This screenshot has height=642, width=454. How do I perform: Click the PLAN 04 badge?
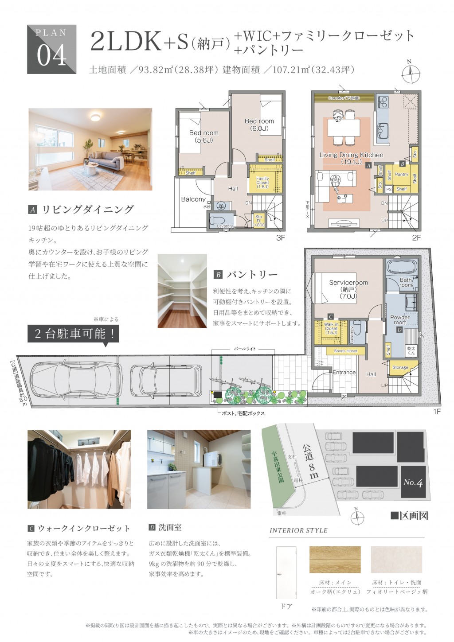[x=52, y=49]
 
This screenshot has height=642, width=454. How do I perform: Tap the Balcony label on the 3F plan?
[x=193, y=199]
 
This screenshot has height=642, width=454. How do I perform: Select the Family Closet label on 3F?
[x=262, y=183]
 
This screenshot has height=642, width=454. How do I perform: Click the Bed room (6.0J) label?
[x=259, y=125]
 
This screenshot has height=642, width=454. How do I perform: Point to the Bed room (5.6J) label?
[x=204, y=136]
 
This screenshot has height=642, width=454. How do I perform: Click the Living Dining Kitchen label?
[x=351, y=158]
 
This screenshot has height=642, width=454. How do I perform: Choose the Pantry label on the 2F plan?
[x=401, y=175]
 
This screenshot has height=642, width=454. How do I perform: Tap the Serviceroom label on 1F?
[x=348, y=289]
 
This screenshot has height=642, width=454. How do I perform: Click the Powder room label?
[x=399, y=320]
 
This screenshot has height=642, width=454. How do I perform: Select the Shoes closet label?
[x=345, y=351]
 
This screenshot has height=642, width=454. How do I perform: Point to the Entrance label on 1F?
[x=344, y=373]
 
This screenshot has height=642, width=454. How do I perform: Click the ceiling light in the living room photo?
[x=95, y=117]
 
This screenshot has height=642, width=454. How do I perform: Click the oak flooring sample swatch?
[x=335, y=560]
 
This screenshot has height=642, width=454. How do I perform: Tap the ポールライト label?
[x=245, y=349]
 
